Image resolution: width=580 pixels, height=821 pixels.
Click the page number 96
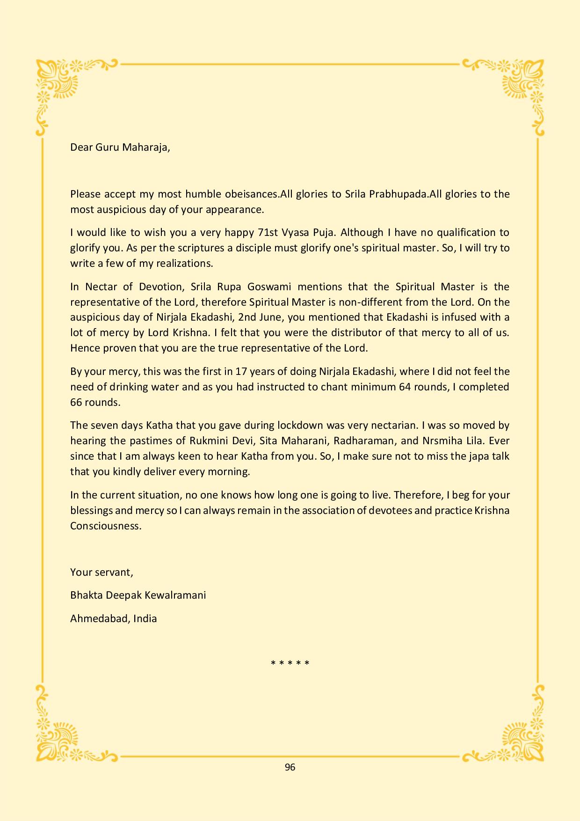click(290, 767)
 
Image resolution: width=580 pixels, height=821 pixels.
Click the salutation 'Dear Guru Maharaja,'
click(120, 147)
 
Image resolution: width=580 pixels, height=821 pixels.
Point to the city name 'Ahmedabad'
click(99, 619)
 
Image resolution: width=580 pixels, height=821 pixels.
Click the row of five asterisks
click(290, 663)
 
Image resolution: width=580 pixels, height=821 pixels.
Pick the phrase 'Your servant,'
click(101, 572)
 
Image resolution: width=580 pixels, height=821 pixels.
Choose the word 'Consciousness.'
click(106, 526)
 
